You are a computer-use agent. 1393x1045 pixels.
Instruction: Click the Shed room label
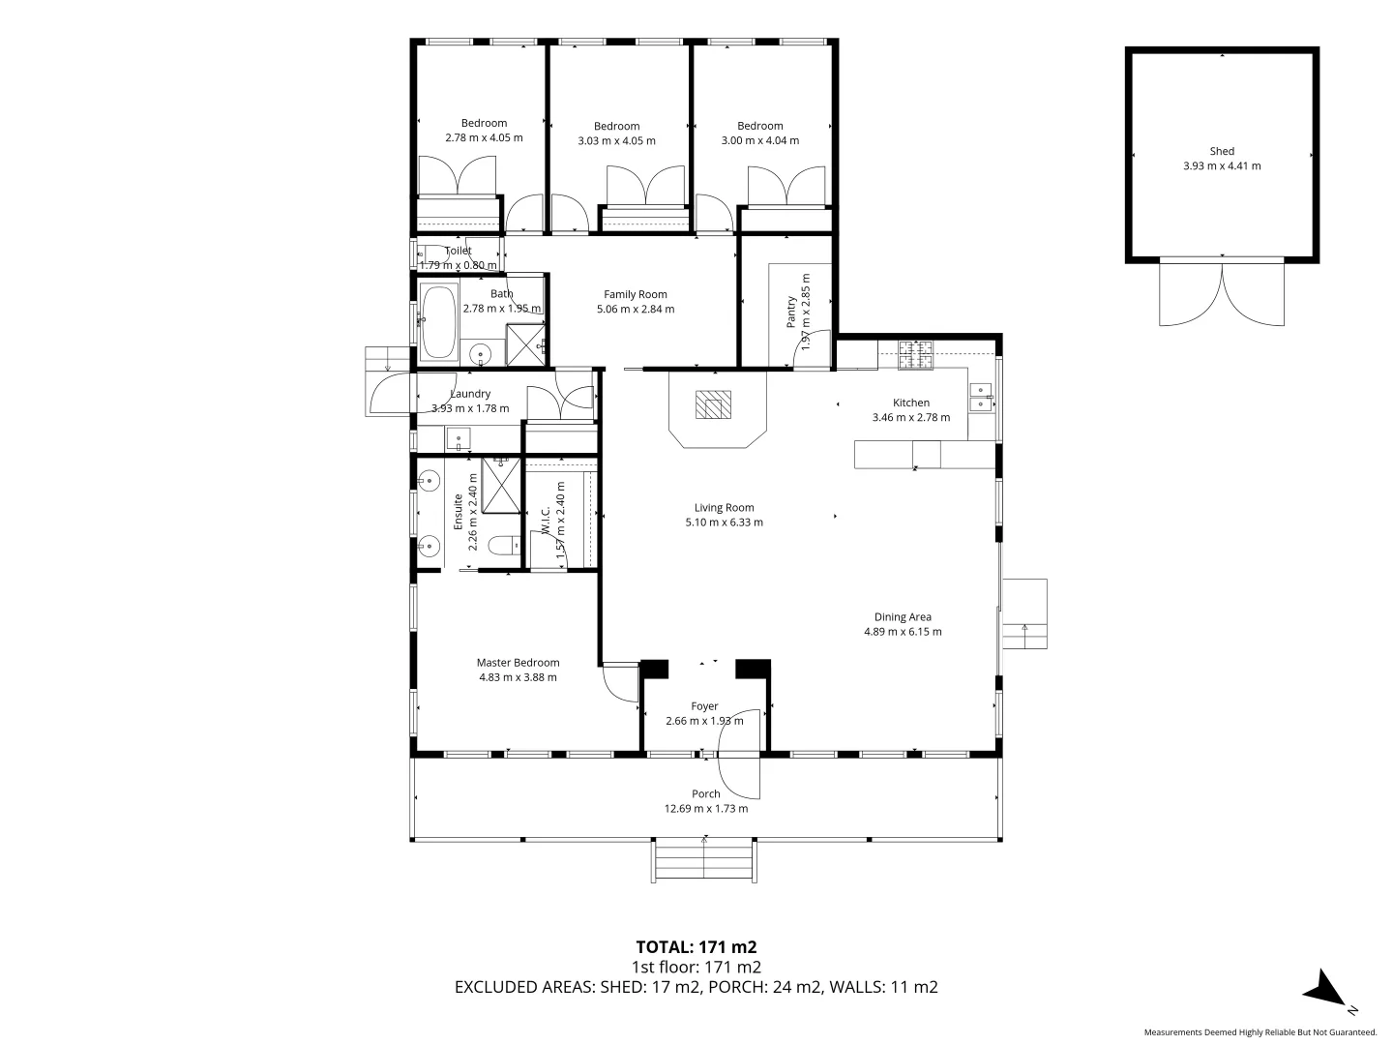tap(1222, 151)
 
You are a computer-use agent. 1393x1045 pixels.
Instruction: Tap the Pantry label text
tap(791, 313)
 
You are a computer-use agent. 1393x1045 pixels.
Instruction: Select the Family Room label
tap(636, 294)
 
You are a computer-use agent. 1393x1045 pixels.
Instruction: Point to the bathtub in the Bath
tap(438, 321)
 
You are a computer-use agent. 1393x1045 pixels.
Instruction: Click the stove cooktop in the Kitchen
tap(914, 355)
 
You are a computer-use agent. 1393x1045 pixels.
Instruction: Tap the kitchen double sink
tap(980, 397)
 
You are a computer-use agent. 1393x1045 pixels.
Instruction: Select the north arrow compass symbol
tap(1325, 992)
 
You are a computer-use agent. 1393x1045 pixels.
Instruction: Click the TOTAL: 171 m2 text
tap(696, 946)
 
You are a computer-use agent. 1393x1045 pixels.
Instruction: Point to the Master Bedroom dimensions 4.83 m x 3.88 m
tap(518, 677)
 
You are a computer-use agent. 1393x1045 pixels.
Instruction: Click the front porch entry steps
tap(703, 861)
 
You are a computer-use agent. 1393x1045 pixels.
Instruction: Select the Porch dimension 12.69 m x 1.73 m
tap(705, 809)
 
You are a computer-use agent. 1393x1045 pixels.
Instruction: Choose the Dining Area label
tap(903, 616)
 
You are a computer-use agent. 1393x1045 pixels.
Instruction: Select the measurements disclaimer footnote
tap(1260, 1031)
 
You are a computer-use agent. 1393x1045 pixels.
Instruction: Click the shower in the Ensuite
tap(501, 485)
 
